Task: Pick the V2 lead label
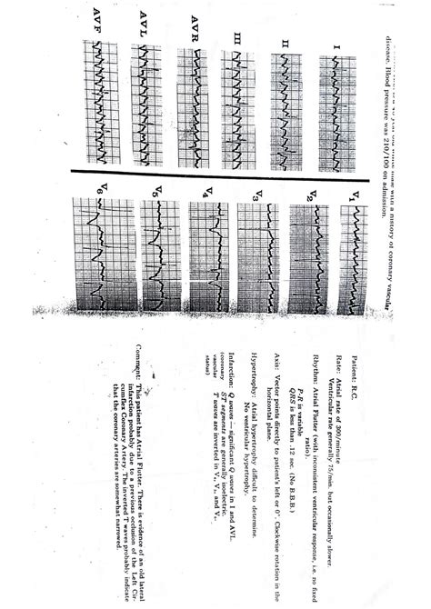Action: pyautogui.click(x=311, y=195)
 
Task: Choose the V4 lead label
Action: pyautogui.click(x=208, y=193)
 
